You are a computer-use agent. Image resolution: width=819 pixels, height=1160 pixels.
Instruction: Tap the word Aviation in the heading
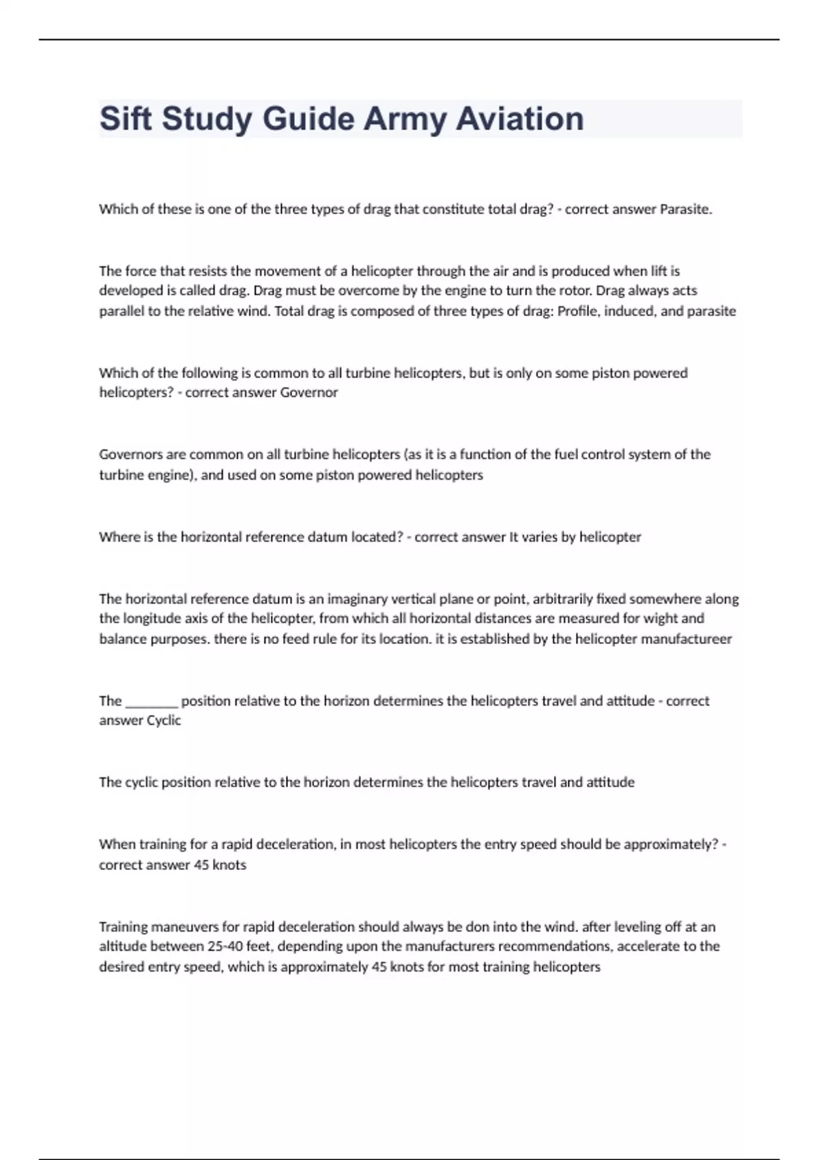(520, 119)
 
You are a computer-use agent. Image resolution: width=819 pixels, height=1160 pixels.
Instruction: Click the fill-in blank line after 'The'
(152, 701)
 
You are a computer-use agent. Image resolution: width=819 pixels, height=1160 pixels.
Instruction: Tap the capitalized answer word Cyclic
(164, 721)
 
